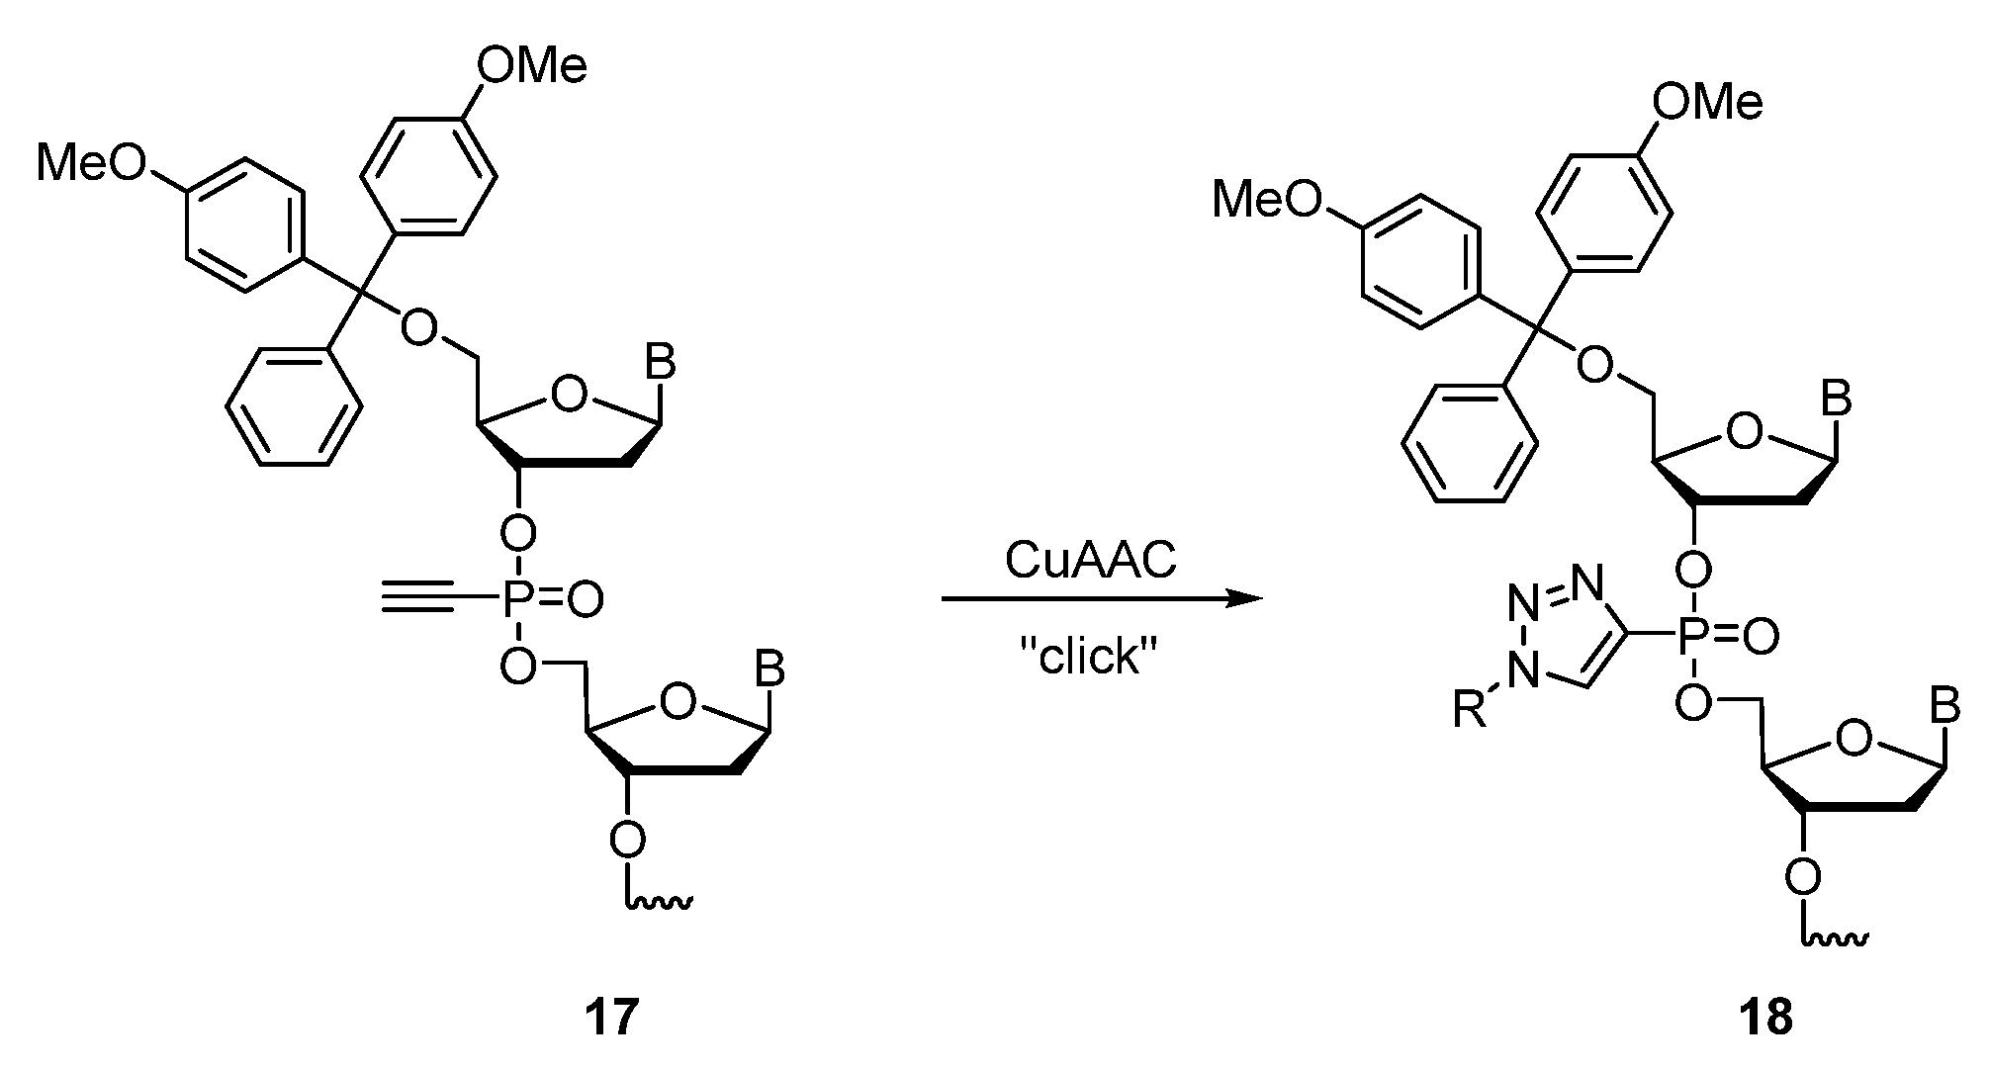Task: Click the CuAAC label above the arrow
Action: tap(1090, 561)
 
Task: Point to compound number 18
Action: tap(1765, 1017)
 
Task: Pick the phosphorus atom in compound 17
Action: tap(515, 597)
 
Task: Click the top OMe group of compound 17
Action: tap(531, 66)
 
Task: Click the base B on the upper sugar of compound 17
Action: tap(660, 363)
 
